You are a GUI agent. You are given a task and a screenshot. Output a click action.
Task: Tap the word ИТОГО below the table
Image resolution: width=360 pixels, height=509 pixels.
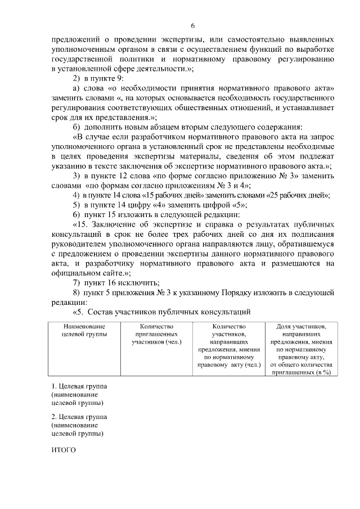click(x=63, y=451)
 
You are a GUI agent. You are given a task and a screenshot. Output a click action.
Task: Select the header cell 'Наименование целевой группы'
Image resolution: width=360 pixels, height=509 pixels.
click(x=82, y=331)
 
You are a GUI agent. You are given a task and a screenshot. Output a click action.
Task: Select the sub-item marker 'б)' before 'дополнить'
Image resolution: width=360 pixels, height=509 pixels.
click(x=77, y=125)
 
